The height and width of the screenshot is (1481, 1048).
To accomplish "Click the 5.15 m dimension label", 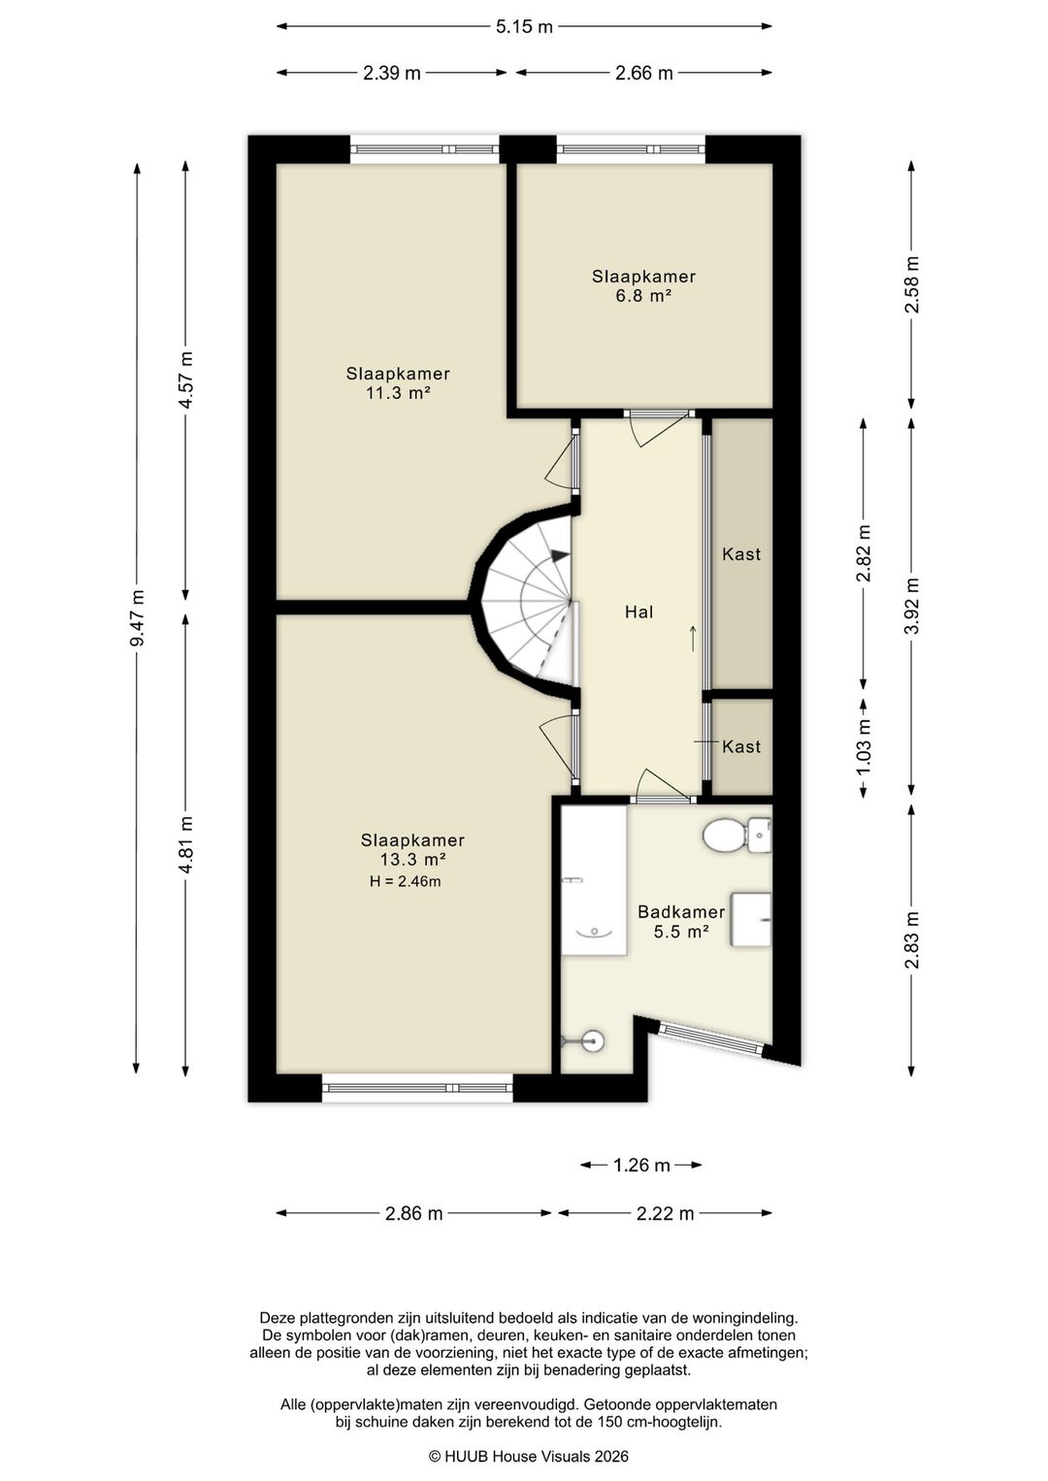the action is click(524, 26).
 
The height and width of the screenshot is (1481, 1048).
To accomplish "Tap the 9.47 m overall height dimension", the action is click(137, 617).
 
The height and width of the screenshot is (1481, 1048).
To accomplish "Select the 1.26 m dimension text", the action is click(640, 1165).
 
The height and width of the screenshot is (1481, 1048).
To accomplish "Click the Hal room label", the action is click(639, 612).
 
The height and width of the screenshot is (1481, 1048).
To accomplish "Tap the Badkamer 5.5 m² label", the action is click(681, 922).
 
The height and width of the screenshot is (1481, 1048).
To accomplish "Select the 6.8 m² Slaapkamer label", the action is click(643, 285).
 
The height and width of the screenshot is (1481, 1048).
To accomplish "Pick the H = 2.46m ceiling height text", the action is click(405, 881).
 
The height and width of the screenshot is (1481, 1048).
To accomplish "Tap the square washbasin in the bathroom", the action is click(750, 919).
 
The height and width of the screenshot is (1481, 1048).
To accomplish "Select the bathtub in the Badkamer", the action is click(594, 880).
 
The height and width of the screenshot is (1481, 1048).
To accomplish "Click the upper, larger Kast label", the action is click(741, 554).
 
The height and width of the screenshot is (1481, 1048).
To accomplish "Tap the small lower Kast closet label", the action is click(741, 746).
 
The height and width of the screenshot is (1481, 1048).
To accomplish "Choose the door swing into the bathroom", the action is click(663, 784).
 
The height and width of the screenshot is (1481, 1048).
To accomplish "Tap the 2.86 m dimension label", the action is click(413, 1213).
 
